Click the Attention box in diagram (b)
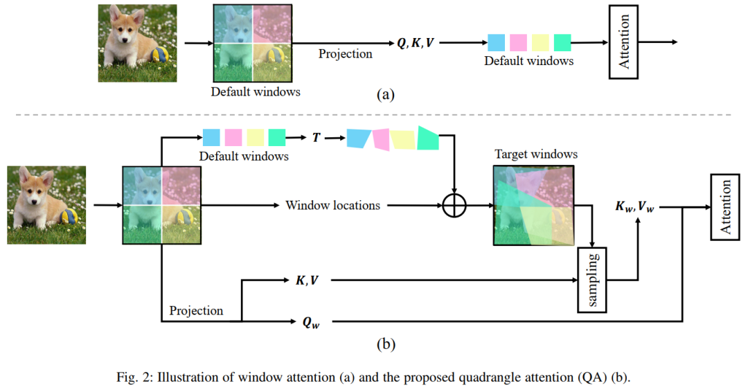click(x=726, y=206)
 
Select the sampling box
click(x=591, y=278)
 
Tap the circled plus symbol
click(x=454, y=206)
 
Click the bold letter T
click(x=317, y=137)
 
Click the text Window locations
click(x=332, y=206)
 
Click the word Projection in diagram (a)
click(x=345, y=53)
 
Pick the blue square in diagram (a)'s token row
click(x=496, y=43)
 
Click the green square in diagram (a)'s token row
click(x=562, y=43)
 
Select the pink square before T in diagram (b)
click(x=233, y=137)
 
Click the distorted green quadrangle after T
click(x=428, y=138)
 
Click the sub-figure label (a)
click(x=385, y=94)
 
